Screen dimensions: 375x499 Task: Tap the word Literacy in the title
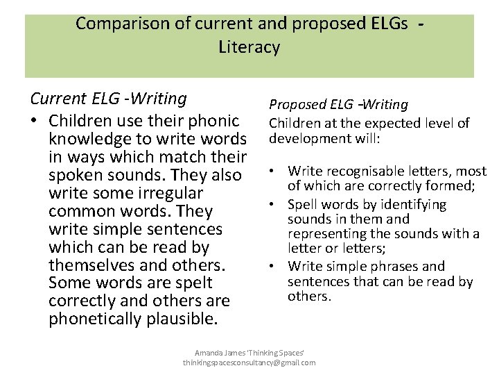(x=249, y=47)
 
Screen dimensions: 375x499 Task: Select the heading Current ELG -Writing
(x=108, y=99)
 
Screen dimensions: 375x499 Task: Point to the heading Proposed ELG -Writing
(x=338, y=104)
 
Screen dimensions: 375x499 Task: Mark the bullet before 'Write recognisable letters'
(x=276, y=171)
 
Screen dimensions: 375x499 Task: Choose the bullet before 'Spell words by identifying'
(x=276, y=205)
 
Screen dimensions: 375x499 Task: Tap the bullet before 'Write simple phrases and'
(x=276, y=266)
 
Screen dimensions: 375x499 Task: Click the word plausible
(x=183, y=319)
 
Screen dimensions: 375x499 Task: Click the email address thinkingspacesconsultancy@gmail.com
(x=249, y=363)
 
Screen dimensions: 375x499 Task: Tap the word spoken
(x=75, y=174)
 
